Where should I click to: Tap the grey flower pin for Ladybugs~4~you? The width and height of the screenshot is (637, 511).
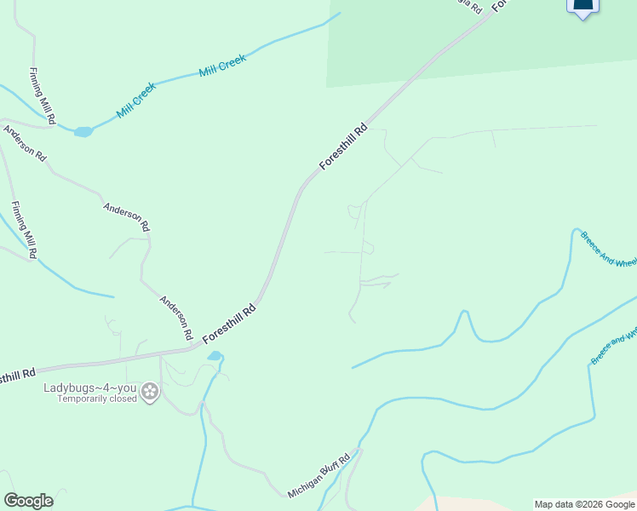[x=150, y=393]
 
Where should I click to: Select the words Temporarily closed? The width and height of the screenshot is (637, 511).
[x=97, y=399]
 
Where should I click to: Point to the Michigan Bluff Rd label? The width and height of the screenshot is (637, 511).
[x=319, y=478]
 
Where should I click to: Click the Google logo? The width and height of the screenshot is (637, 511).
[x=28, y=501]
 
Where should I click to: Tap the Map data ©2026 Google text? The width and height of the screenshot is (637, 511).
[x=584, y=504]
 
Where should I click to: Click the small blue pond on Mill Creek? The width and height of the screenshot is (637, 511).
[x=83, y=132]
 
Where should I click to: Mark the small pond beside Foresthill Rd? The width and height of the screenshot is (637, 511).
[x=215, y=355]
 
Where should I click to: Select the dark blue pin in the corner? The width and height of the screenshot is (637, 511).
[x=582, y=8]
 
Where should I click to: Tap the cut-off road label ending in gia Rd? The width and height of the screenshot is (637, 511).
[x=470, y=5]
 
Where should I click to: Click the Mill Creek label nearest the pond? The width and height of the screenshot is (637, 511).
[x=137, y=100]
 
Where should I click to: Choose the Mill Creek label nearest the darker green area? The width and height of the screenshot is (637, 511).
[x=222, y=66]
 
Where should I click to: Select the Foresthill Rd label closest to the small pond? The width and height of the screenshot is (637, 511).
[x=230, y=325]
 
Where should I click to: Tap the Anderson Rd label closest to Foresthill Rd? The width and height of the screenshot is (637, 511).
[x=177, y=318]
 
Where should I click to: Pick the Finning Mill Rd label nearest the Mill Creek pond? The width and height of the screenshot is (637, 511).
[x=42, y=96]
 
